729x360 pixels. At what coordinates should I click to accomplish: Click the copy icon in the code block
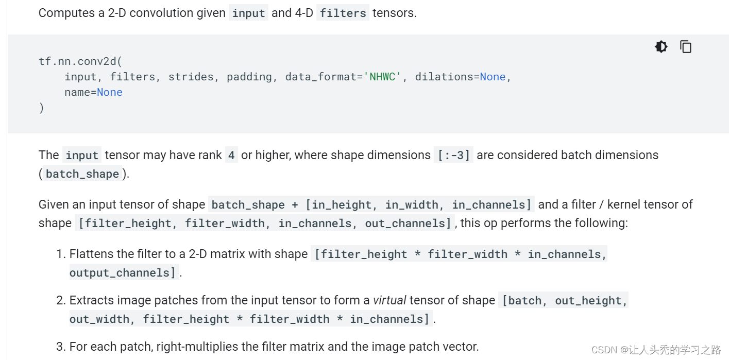click(x=686, y=47)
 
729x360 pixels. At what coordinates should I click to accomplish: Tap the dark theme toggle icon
click(x=661, y=47)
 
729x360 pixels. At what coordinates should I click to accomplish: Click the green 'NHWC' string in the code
click(x=382, y=77)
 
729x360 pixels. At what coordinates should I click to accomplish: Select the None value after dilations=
click(x=493, y=77)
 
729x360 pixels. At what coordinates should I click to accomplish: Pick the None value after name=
click(x=110, y=92)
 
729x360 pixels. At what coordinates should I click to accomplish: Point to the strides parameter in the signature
click(x=191, y=77)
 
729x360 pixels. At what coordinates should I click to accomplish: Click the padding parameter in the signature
click(x=249, y=77)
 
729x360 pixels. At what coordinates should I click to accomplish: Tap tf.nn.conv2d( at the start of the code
click(x=80, y=61)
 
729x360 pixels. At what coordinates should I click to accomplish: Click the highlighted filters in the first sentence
click(x=343, y=13)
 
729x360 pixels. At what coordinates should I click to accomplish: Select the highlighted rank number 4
click(x=231, y=155)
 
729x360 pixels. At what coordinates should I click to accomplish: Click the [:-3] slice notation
click(x=454, y=155)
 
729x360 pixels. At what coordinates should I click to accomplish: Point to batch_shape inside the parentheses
click(x=82, y=174)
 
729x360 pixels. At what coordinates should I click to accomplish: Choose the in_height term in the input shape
click(x=342, y=204)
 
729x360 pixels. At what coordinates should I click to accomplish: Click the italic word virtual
click(x=389, y=300)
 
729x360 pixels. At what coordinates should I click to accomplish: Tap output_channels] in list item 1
click(x=124, y=272)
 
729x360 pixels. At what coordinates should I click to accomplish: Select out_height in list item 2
click(x=588, y=300)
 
